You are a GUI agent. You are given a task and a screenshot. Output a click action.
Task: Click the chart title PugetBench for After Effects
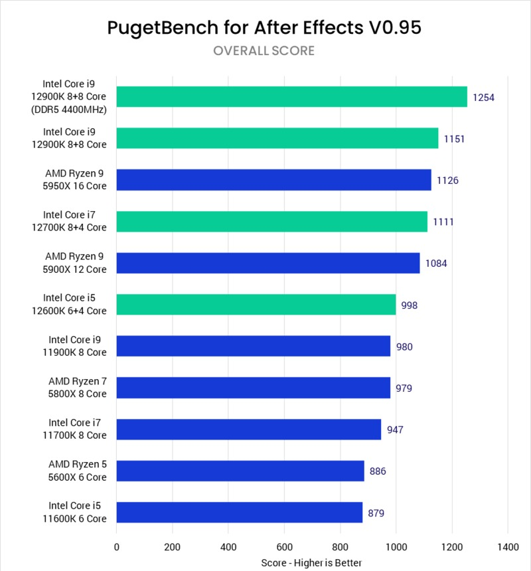click(x=264, y=27)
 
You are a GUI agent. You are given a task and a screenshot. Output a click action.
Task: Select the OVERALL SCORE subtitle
click(x=264, y=51)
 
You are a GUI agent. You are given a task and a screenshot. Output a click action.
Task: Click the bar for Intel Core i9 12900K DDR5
click(x=291, y=97)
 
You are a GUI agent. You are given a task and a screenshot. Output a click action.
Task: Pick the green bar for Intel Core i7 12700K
click(x=271, y=222)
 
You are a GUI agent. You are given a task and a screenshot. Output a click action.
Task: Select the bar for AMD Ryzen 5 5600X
click(x=240, y=471)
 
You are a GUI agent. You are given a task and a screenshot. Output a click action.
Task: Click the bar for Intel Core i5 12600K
click(x=256, y=305)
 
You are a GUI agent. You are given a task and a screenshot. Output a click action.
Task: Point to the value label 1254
click(x=484, y=98)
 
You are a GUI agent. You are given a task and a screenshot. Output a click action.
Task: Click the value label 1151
click(x=455, y=139)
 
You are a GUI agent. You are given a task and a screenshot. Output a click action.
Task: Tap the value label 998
click(x=410, y=305)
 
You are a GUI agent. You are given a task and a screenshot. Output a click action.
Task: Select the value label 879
click(x=376, y=513)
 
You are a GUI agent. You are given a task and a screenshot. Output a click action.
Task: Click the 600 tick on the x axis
click(x=284, y=547)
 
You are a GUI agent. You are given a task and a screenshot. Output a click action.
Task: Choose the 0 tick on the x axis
click(x=117, y=547)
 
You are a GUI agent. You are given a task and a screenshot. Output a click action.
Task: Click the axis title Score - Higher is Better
click(x=311, y=562)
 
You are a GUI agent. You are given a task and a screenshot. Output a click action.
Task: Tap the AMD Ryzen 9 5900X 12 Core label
click(x=76, y=263)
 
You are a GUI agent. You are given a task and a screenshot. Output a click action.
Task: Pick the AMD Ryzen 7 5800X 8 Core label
click(x=77, y=388)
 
